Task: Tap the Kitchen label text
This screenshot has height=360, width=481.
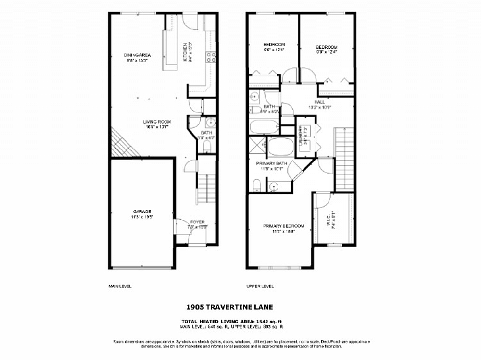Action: [185, 52]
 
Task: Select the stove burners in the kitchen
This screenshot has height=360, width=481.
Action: [211, 58]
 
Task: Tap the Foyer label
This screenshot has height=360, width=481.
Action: [197, 222]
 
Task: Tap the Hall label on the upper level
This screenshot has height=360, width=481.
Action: [320, 102]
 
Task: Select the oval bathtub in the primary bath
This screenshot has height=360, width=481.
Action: [280, 147]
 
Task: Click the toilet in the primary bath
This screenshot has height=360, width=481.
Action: [256, 185]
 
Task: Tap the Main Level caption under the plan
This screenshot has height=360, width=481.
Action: [120, 286]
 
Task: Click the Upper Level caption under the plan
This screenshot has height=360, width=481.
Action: [260, 286]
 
